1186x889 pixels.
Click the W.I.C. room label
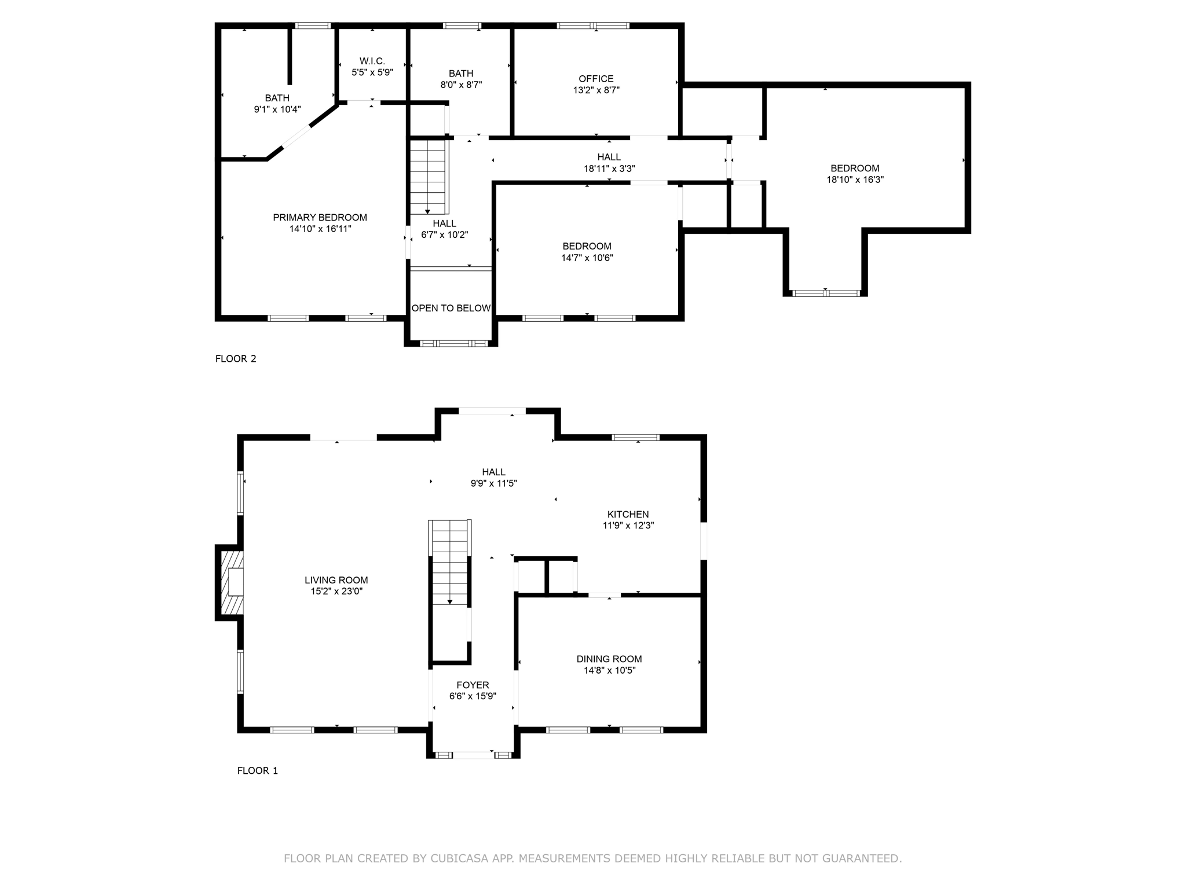click(x=372, y=61)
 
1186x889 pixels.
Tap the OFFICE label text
click(x=596, y=79)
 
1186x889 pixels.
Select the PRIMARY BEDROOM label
click(x=320, y=218)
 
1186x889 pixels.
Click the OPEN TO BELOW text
click(x=451, y=308)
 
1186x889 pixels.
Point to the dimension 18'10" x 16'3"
click(x=855, y=180)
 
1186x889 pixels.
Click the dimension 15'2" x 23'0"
click(x=336, y=592)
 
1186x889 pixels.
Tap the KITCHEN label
click(x=628, y=515)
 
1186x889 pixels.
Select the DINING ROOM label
click(x=609, y=659)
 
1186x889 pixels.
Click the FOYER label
click(x=473, y=685)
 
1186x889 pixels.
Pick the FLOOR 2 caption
click(x=236, y=359)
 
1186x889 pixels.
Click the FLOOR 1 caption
click(x=258, y=771)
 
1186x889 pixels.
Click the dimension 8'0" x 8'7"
click(x=461, y=85)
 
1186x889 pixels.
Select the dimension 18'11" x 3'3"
click(x=609, y=169)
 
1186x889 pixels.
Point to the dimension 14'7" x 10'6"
click(x=587, y=258)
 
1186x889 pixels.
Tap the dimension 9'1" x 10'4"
click(x=277, y=109)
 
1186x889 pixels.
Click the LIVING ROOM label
click(x=336, y=581)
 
